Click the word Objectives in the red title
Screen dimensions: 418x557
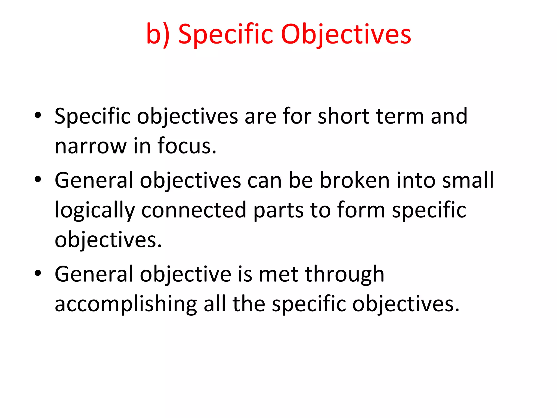pyautogui.click(x=346, y=35)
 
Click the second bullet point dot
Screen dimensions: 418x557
pyautogui.click(x=38, y=179)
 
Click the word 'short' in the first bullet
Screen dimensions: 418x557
pyautogui.click(x=344, y=116)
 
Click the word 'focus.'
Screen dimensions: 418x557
pyautogui.click(x=187, y=146)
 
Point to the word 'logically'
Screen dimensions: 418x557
pyautogui.click(x=95, y=211)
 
